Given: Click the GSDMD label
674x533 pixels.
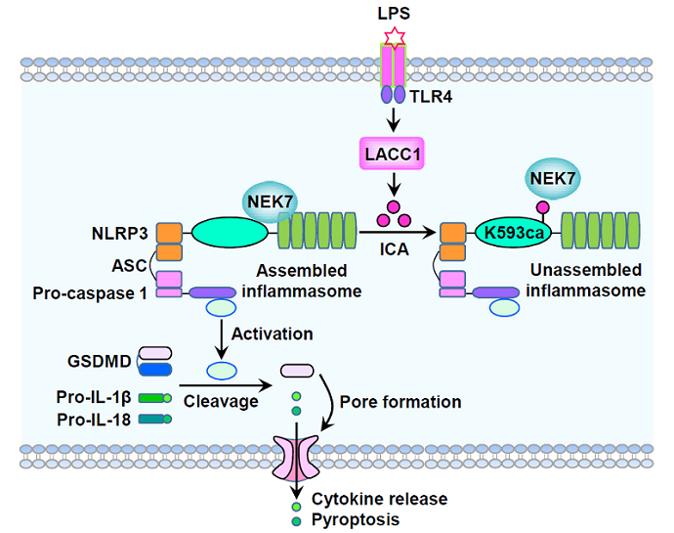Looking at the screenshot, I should click(98, 360).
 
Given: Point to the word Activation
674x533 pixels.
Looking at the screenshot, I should click(274, 333).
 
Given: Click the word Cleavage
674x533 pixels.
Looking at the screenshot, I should click(221, 401).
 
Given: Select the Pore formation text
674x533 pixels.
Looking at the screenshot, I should click(400, 401).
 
